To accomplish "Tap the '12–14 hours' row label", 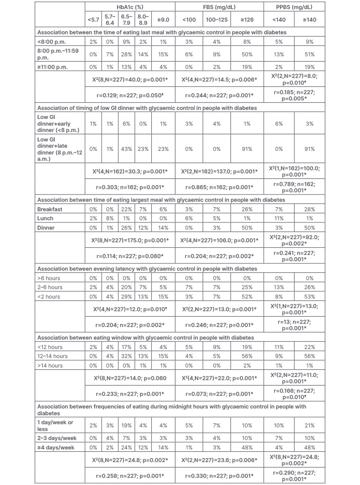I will [x=53, y=356].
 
